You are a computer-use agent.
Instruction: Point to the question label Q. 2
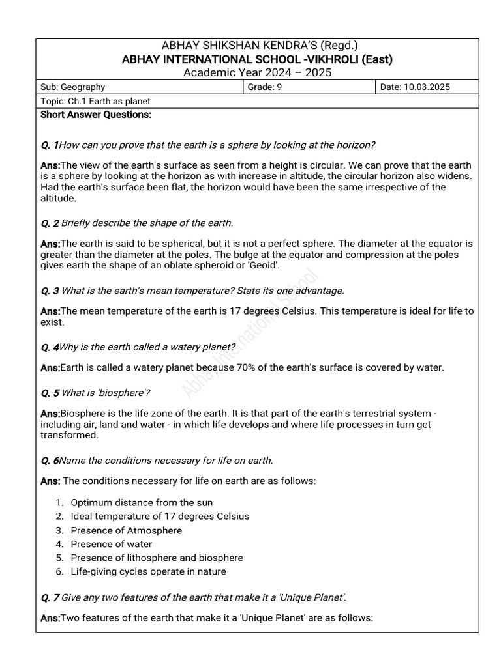click(50, 223)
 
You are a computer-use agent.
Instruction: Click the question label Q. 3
click(50, 291)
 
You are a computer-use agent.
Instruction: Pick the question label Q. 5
click(50, 393)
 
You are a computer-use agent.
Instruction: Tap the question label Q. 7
click(50, 597)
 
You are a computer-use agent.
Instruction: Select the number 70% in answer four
click(272, 367)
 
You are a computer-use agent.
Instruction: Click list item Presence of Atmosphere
click(126, 530)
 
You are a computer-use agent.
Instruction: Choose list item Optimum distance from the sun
click(142, 503)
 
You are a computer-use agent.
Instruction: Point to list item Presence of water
click(111, 544)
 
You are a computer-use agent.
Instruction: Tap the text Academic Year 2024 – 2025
click(257, 72)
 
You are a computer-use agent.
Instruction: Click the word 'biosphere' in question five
click(123, 393)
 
